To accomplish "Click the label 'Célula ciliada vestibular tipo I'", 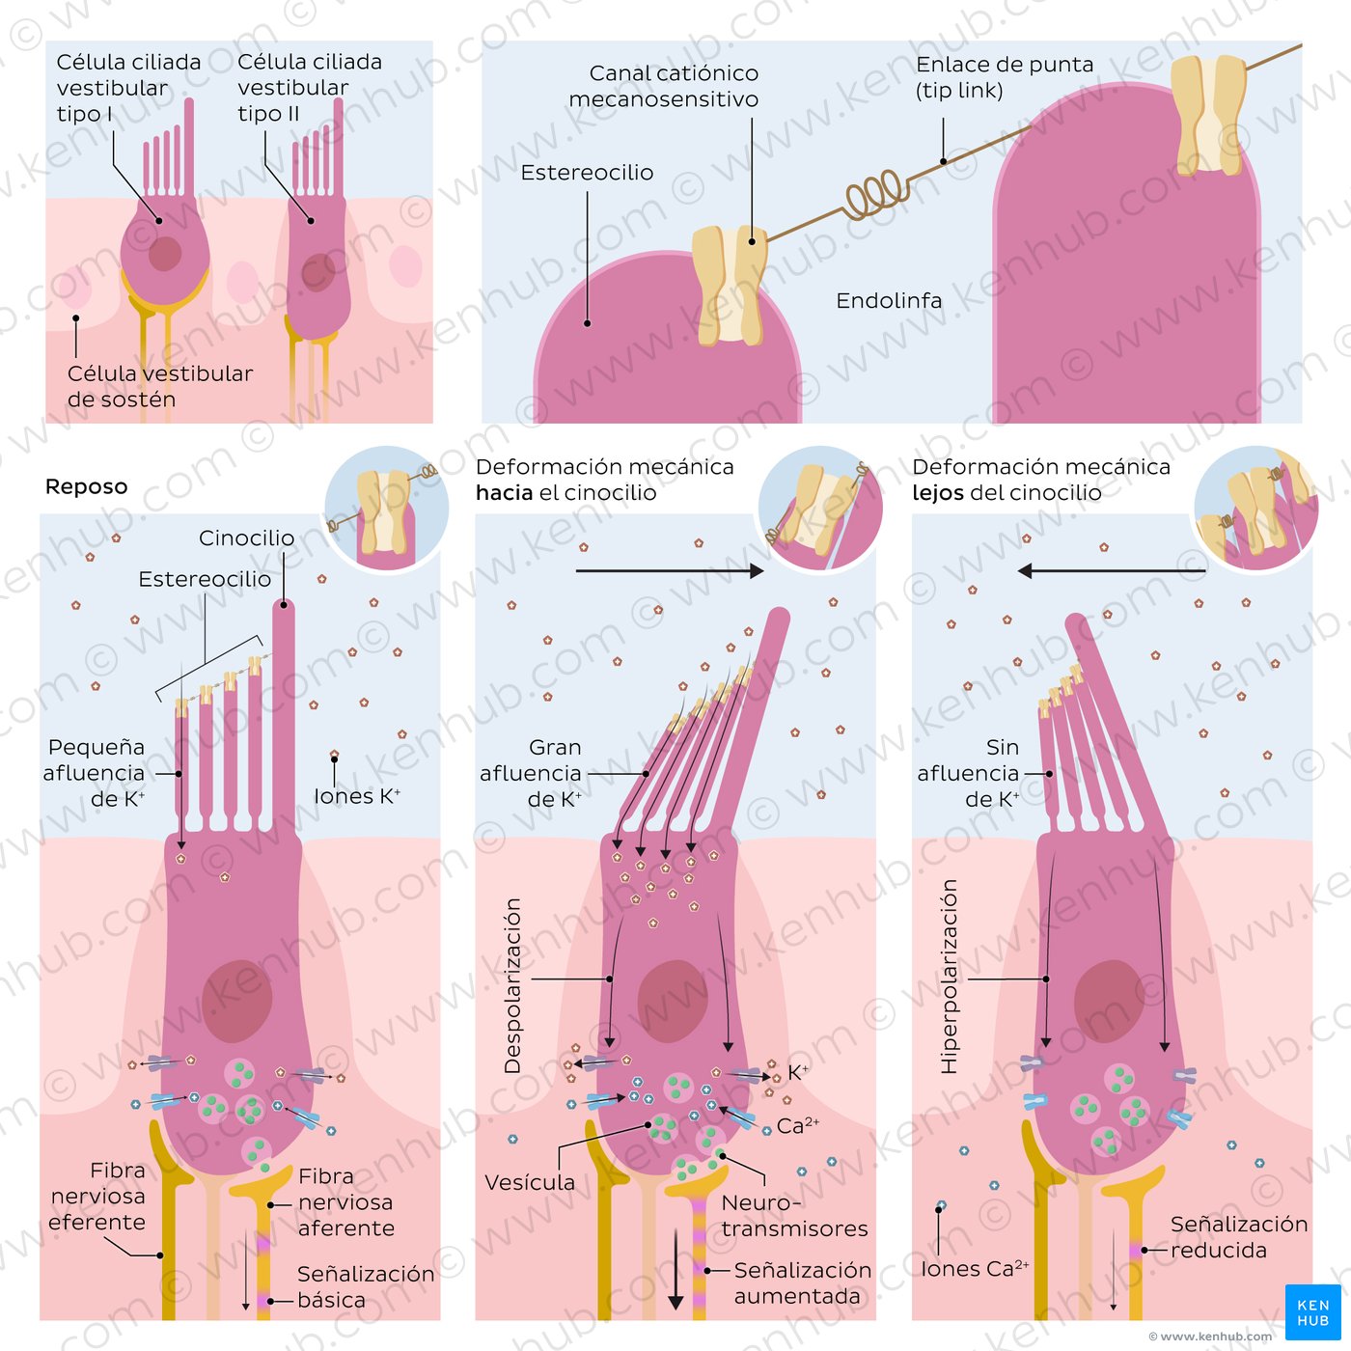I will point(128,88).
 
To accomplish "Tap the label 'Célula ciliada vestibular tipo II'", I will point(309,88).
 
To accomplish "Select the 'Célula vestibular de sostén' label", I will point(159,386).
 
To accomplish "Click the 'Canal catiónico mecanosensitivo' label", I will point(664,86).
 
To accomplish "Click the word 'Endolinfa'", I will point(889,301).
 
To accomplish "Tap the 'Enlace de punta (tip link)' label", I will point(1004,77).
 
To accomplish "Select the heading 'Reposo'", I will point(86,486).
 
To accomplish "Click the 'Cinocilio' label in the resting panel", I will point(246,538).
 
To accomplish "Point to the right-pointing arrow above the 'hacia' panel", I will point(669,571).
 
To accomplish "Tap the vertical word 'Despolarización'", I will point(513,985).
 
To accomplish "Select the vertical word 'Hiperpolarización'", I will point(950,977).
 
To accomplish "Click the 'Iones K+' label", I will point(356,796).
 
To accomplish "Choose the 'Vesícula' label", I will point(530,1182).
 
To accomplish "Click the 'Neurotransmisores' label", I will point(794,1216).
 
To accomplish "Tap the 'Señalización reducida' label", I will point(1238,1237).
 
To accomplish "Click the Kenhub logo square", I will point(1312,1312).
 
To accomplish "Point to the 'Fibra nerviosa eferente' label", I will point(97,1197).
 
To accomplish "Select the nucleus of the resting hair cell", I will point(237,1001).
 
